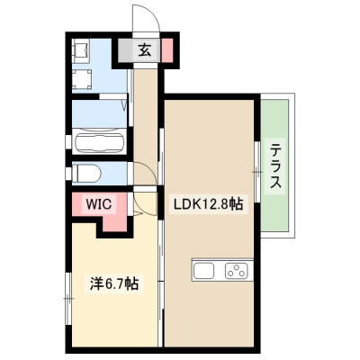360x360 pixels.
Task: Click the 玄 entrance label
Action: click(145, 50)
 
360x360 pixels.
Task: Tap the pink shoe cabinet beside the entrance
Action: click(167, 50)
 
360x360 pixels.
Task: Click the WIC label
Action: click(99, 204)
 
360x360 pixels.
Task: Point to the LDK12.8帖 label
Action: click(209, 204)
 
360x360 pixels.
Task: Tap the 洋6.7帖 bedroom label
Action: click(114, 283)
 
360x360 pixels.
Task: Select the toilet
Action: click(86, 174)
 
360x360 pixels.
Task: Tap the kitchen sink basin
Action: click(203, 270)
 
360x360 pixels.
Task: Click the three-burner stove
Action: click(237, 270)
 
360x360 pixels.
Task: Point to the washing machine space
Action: click(81, 79)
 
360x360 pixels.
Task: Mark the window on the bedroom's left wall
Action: click(68, 298)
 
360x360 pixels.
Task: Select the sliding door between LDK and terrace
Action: click(257, 172)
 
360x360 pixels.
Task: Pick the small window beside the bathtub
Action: click(68, 142)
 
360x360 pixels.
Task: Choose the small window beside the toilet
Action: click(68, 173)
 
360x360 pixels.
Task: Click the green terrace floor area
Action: click(274, 166)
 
